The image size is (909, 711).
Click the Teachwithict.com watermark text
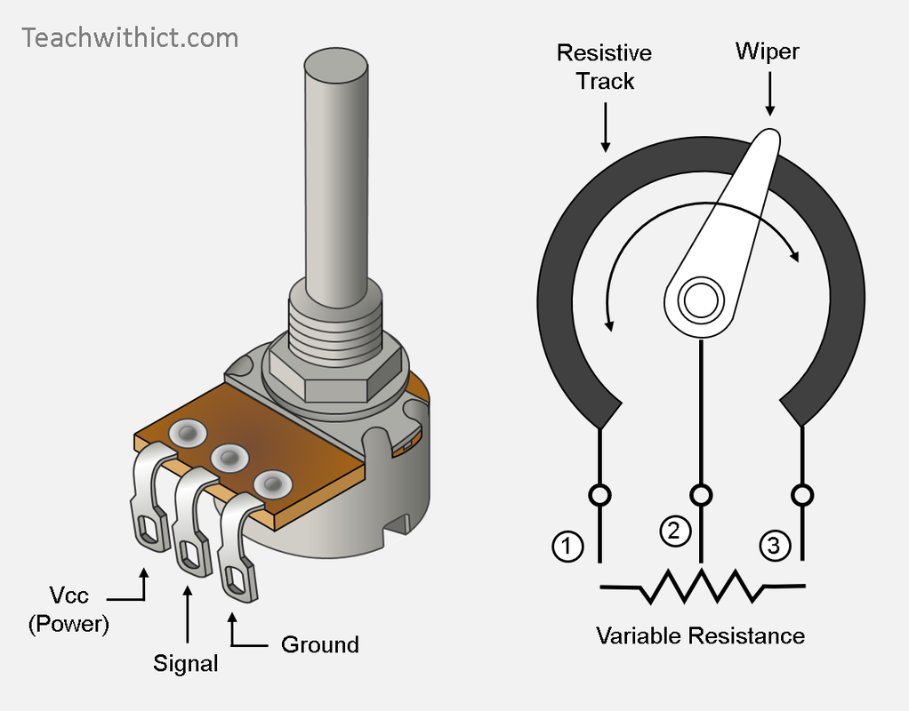130,38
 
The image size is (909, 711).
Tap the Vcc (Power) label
68,609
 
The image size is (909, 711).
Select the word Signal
186,662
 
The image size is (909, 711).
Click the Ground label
319,644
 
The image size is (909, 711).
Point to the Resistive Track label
604,67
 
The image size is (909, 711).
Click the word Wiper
767,52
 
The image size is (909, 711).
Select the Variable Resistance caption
700,635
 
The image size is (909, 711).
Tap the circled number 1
567,546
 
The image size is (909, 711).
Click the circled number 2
674,531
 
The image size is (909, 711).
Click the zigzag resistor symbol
703,585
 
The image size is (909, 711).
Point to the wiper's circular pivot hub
700,300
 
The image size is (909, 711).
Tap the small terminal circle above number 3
802,494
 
